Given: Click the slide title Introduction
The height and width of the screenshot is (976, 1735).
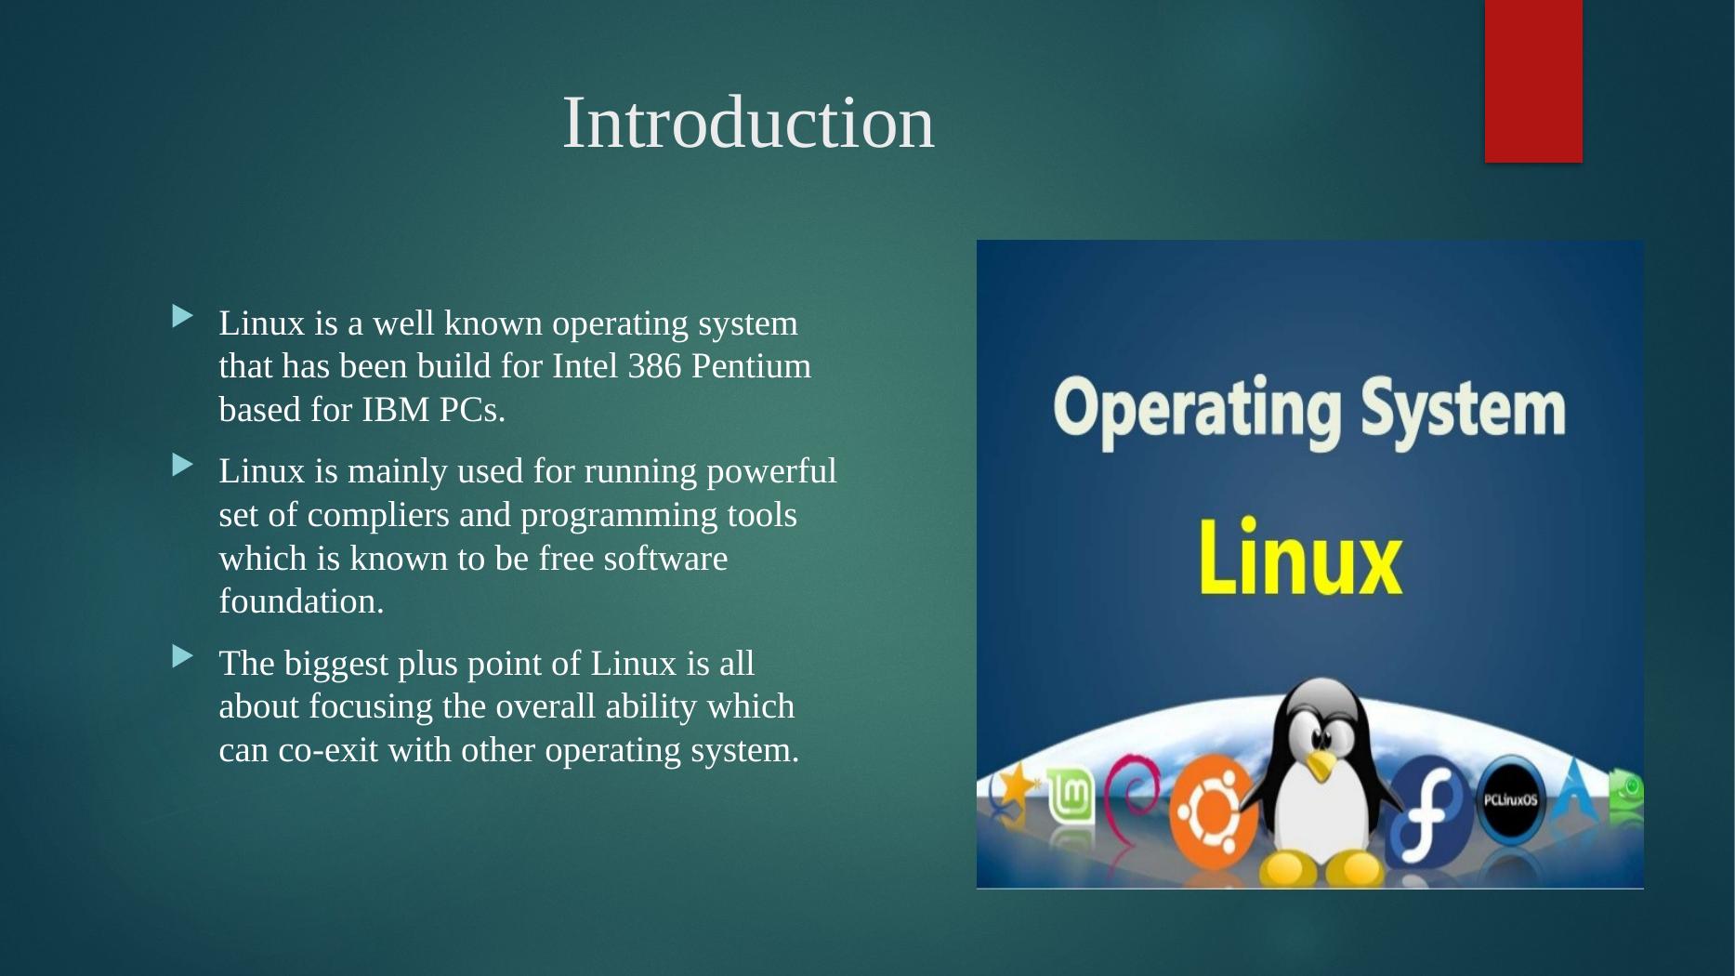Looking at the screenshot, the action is click(748, 123).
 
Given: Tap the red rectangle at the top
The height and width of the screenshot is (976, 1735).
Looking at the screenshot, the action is click(1533, 81).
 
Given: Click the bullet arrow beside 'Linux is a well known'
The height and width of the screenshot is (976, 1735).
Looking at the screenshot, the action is click(182, 317).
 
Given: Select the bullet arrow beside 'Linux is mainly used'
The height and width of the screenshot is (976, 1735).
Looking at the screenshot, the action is click(182, 465).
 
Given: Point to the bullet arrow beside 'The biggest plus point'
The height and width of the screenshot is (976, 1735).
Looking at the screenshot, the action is click(182, 657).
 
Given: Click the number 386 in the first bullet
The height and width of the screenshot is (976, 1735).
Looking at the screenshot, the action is click(654, 366).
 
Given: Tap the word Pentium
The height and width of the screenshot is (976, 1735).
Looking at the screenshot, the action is click(752, 366).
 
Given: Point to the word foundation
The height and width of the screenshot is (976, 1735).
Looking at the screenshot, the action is click(301, 601).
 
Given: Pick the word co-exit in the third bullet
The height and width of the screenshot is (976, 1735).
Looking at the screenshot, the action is click(329, 750).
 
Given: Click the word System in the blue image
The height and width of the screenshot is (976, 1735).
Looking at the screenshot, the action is click(1464, 410).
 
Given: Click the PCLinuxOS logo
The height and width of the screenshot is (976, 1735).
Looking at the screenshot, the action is click(1510, 800).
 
